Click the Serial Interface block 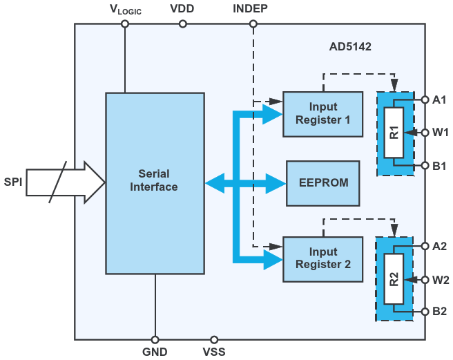155,183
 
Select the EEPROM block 323,183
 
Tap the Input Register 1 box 323,113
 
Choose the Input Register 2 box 323,258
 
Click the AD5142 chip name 350,50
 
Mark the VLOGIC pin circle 125,23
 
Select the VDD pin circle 183,23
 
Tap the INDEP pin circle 253,23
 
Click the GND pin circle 155,340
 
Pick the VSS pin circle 214,340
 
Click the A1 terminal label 440,100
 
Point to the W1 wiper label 441,131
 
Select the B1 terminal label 440,166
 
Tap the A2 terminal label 440,246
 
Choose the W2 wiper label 441,280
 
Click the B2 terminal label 440,311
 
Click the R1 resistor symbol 394,132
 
